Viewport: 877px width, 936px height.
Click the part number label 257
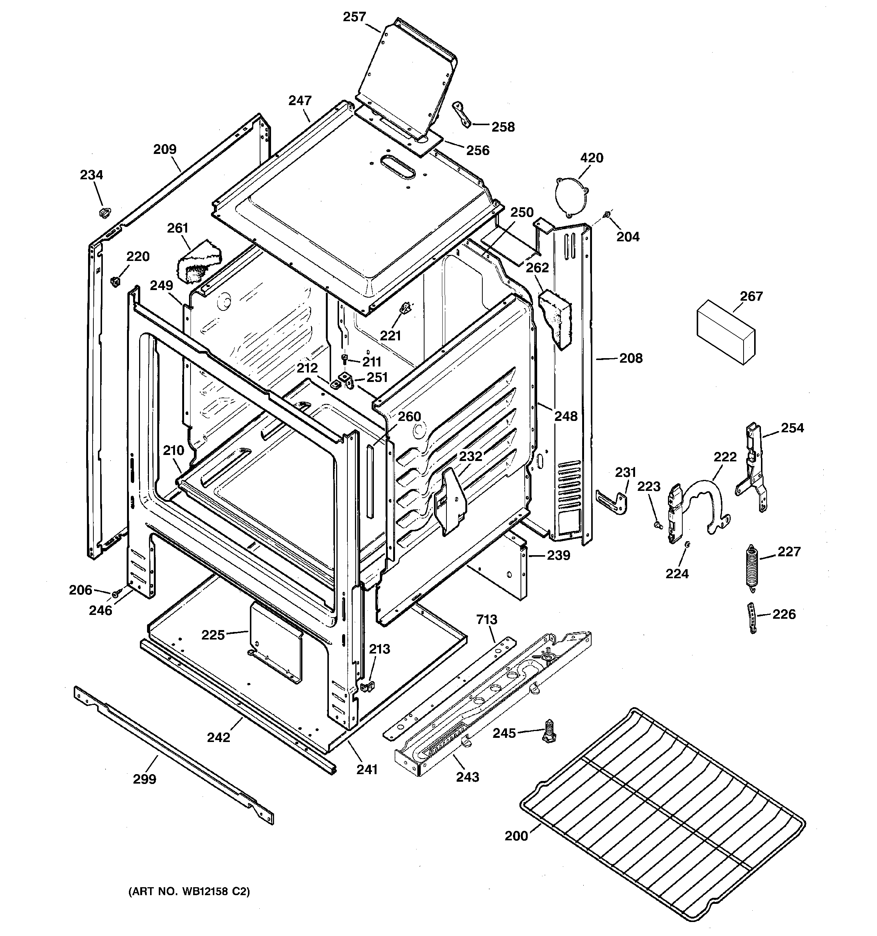coord(354,17)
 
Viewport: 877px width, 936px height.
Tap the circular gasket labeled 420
coord(571,197)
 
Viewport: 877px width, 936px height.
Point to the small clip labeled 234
coord(104,212)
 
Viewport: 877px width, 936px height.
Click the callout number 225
coord(213,635)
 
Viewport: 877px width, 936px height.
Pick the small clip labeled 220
coord(115,281)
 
